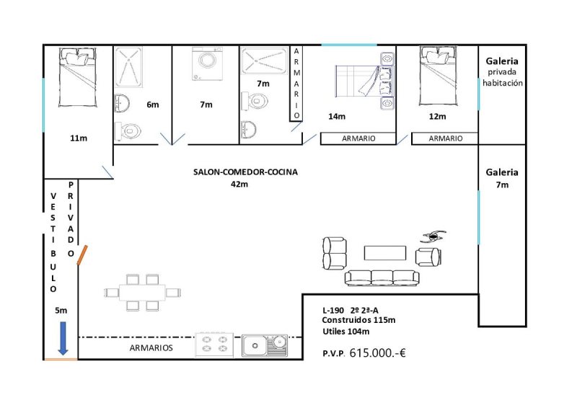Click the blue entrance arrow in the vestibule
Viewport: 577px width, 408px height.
63,339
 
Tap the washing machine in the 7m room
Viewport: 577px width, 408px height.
207,63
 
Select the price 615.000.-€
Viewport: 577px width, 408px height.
377,353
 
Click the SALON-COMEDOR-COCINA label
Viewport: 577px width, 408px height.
245,172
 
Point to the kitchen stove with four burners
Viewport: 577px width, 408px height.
214,345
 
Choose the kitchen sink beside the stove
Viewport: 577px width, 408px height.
265,345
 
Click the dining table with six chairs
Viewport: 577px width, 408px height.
142,293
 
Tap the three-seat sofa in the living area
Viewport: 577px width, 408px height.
382,278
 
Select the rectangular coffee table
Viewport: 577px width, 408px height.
385,253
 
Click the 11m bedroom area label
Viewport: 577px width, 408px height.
79,138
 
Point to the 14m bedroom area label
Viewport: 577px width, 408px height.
337,117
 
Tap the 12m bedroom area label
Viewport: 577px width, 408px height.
438,117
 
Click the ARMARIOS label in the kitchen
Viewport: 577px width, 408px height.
151,348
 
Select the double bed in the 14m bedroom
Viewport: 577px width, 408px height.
365,81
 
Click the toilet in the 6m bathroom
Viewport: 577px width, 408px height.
128,131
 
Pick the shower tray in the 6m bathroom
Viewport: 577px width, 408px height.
128,67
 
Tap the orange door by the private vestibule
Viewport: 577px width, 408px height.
82,255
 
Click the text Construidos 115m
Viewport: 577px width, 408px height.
358,320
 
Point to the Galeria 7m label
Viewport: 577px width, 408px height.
502,179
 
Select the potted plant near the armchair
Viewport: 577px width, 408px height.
433,236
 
